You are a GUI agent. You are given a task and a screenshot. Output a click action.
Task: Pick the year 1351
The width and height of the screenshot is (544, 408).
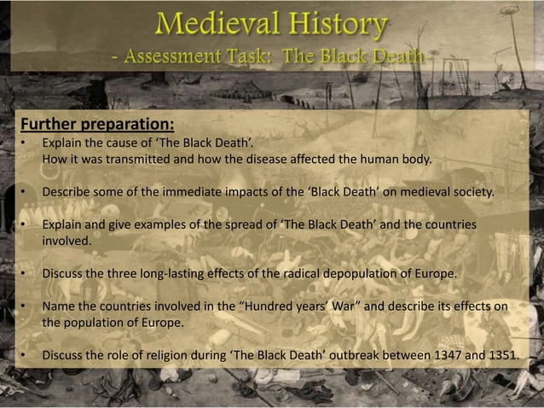pos(498,356)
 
